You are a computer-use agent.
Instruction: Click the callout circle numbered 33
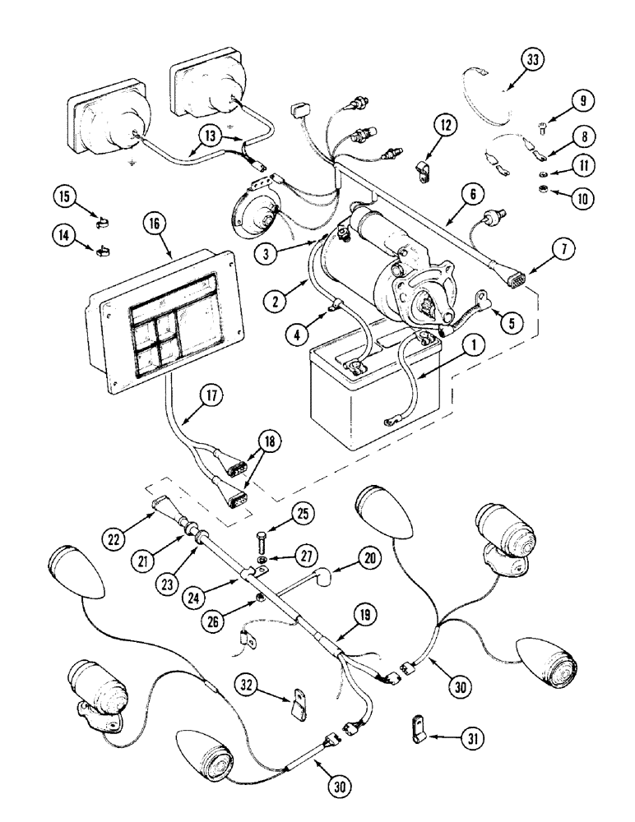[534, 62]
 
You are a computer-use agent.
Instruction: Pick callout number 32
[248, 684]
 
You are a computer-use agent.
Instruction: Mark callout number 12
[445, 127]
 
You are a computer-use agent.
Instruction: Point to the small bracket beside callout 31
[414, 727]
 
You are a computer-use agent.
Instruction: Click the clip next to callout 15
[101, 222]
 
